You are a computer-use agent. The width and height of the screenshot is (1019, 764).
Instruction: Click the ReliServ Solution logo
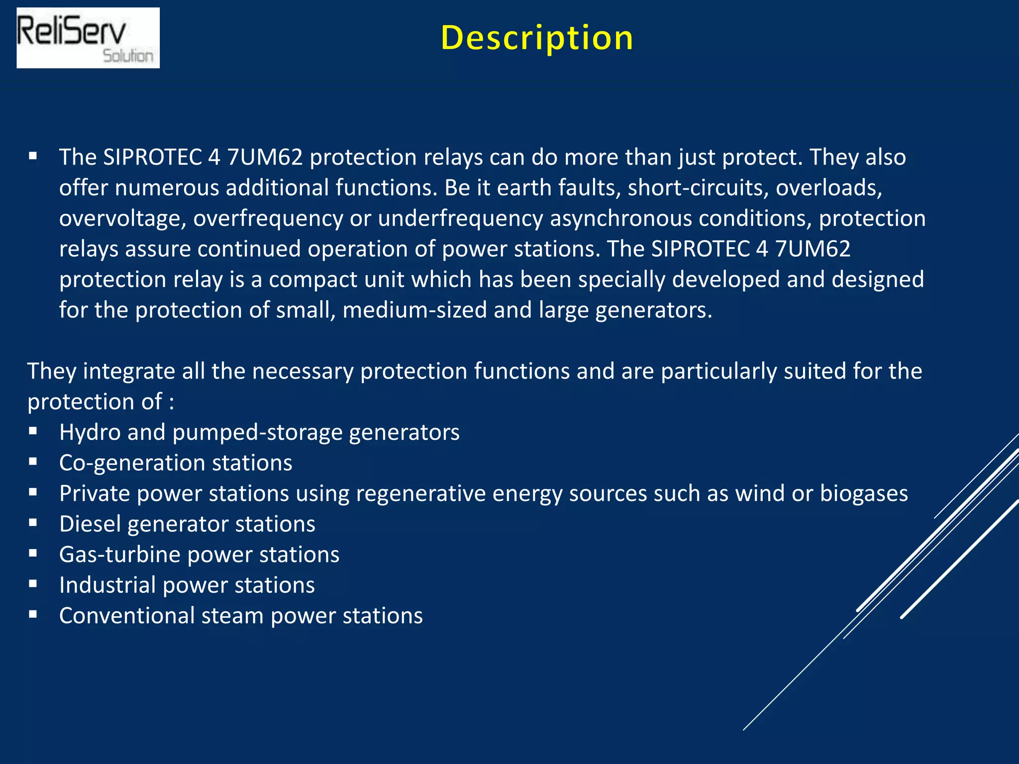pyautogui.click(x=88, y=38)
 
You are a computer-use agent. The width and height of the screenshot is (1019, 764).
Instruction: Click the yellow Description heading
pyautogui.click(x=537, y=38)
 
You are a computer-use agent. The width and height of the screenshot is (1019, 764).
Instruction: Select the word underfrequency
pyautogui.click(x=460, y=219)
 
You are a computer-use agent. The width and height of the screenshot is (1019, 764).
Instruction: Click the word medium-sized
pyautogui.click(x=414, y=310)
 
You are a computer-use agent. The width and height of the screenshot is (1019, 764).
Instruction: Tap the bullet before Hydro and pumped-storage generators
pyautogui.click(x=33, y=431)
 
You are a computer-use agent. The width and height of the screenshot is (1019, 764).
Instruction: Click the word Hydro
pyautogui.click(x=90, y=432)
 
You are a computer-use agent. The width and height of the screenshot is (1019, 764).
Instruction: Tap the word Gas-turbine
pyautogui.click(x=119, y=555)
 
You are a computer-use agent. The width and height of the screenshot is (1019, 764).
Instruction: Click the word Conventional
pyautogui.click(x=126, y=616)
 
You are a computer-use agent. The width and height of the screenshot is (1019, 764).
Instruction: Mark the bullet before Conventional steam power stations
pyautogui.click(x=33, y=615)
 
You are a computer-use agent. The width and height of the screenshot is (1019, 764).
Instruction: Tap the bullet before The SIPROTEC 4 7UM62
pyautogui.click(x=33, y=156)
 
